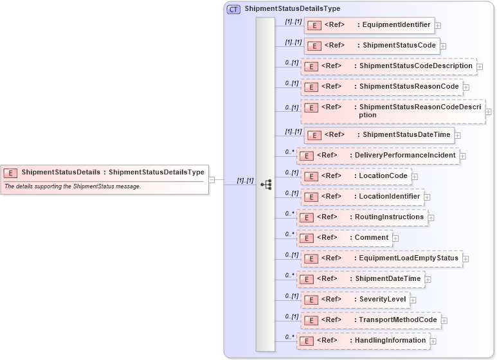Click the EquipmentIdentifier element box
(369, 26)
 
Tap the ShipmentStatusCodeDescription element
(388, 66)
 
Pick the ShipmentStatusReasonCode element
(382, 87)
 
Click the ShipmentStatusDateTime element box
(379, 134)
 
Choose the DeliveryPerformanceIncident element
(378, 156)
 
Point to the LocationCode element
(356, 176)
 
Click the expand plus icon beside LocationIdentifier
(428, 197)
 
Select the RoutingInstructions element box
(362, 217)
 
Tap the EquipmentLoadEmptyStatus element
(381, 258)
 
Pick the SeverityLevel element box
(355, 300)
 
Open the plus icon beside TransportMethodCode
(444, 321)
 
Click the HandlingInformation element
(363, 341)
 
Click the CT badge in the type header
(234, 9)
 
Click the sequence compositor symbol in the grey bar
(266, 184)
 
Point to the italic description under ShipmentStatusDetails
(73, 186)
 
